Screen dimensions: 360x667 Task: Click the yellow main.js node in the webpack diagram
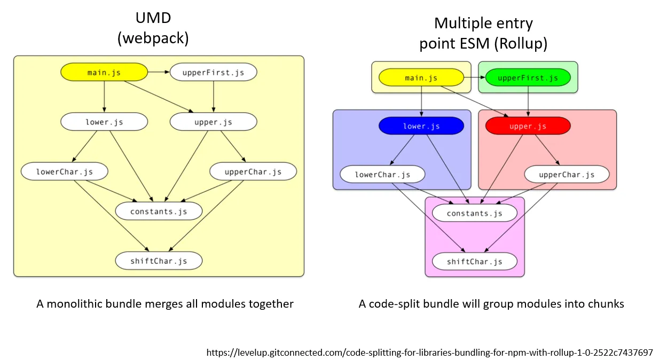point(104,72)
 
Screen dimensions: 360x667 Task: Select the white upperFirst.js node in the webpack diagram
point(213,72)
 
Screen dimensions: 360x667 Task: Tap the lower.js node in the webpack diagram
point(104,122)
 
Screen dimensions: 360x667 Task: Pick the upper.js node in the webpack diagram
point(213,122)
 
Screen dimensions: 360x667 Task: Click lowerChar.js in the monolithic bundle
point(65,171)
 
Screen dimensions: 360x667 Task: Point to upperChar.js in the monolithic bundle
point(253,171)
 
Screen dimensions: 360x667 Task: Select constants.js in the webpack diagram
point(159,211)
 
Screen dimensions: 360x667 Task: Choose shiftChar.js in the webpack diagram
point(159,261)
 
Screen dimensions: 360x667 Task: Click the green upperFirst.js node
point(528,78)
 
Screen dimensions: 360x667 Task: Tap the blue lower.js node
point(421,126)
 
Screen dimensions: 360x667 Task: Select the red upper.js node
point(528,126)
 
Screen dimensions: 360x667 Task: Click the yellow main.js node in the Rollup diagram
point(421,78)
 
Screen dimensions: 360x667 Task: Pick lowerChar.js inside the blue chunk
point(382,174)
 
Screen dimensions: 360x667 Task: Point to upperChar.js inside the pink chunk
point(567,174)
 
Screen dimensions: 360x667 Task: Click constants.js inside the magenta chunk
point(474,213)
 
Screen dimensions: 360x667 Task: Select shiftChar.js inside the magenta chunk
point(474,261)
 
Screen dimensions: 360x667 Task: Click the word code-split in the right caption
point(395,304)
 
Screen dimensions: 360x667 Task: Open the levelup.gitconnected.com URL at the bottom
point(429,353)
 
